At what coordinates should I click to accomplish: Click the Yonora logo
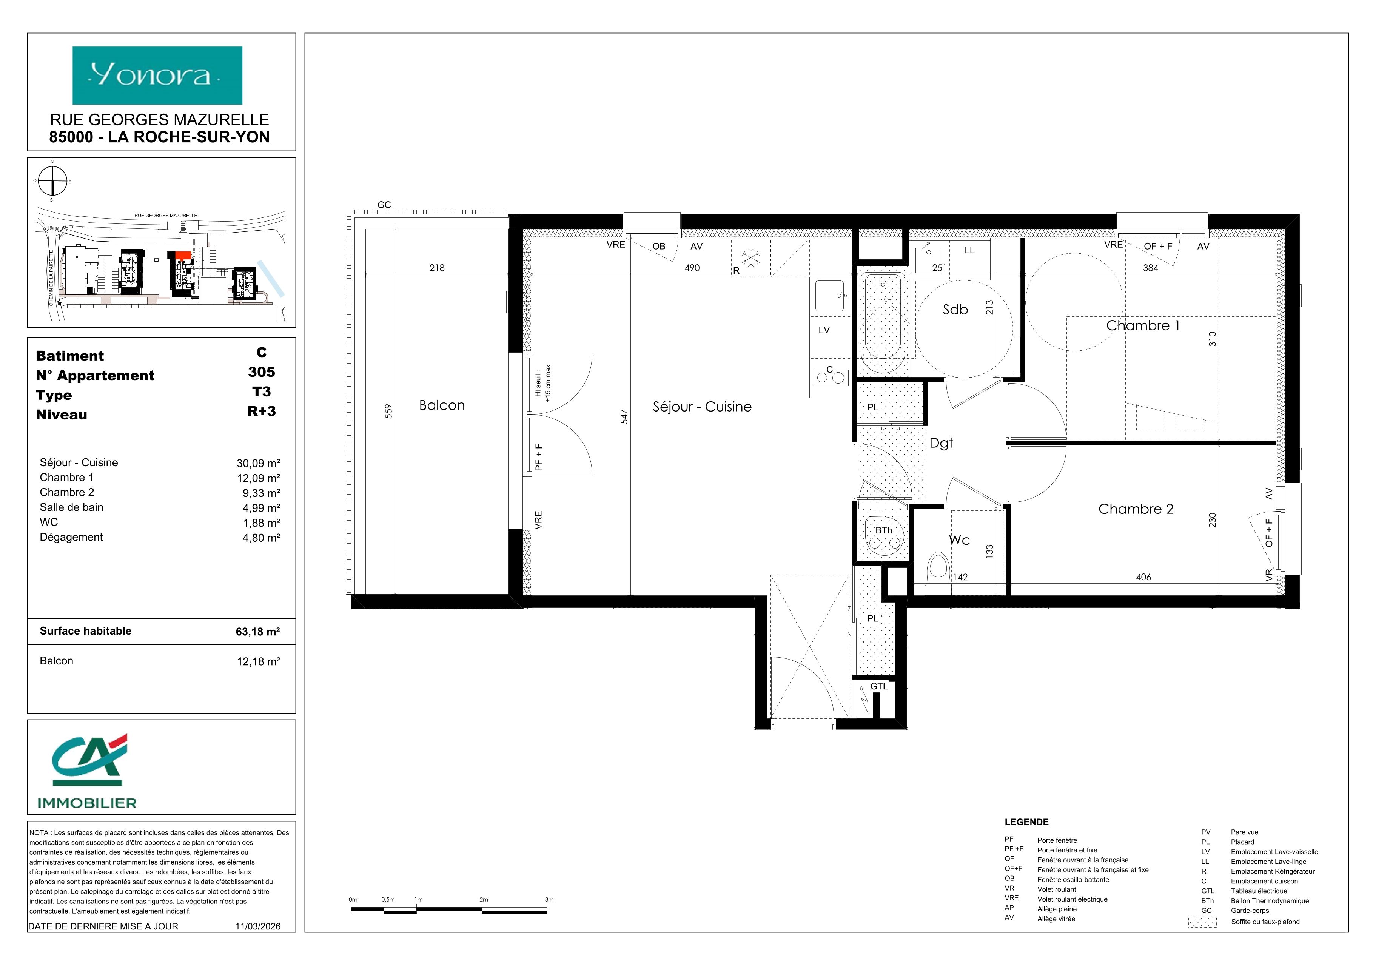pos(157,76)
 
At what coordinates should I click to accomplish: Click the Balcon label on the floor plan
pos(442,405)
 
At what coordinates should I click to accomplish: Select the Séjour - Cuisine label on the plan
pos(702,407)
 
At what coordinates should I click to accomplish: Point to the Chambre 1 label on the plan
pos(1143,325)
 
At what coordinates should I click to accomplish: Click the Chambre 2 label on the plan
pos(1136,509)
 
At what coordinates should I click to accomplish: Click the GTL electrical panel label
pos(878,686)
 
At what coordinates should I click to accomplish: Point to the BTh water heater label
pos(883,530)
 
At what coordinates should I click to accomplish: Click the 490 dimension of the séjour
pos(692,268)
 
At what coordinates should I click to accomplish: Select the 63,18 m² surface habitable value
pos(258,631)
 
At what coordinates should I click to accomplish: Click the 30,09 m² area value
pos(258,463)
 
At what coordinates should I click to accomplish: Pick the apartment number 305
pos(261,372)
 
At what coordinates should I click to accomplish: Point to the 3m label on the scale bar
pos(549,899)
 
